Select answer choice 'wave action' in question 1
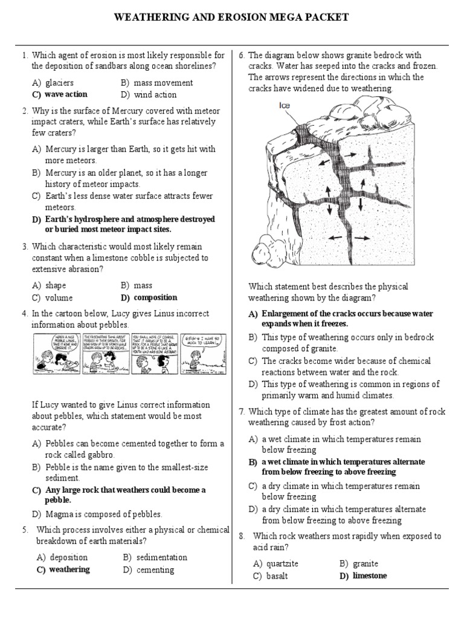point(65,94)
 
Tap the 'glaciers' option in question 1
point(59,83)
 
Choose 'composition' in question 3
point(155,297)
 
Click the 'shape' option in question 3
point(55,285)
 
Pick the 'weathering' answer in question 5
point(69,569)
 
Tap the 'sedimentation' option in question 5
point(161,557)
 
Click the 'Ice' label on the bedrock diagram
point(285,105)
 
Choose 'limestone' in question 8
point(369,575)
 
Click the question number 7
point(241,412)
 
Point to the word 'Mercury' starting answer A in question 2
point(61,149)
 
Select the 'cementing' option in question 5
point(155,569)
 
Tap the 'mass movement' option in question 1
point(163,83)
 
